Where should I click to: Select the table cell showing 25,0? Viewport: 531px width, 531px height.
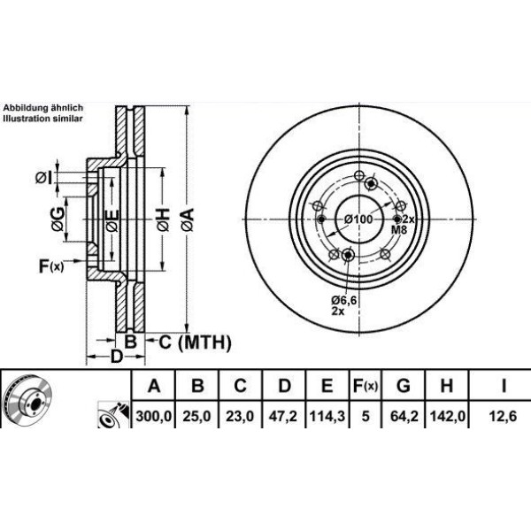pos(198,412)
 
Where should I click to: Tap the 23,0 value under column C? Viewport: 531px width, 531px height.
pos(241,412)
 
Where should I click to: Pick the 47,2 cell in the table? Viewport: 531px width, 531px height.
pos(284,412)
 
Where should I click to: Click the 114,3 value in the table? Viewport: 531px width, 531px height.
pos(327,412)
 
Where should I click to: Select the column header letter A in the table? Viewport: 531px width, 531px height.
pos(153,386)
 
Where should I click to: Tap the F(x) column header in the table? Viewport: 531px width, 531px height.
pos(365,386)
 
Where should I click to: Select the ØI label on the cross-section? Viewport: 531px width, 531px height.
pos(43,179)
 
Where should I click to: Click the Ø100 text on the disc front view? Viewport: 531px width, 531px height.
pos(358,219)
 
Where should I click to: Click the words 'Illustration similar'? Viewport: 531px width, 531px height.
pos(43,117)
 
